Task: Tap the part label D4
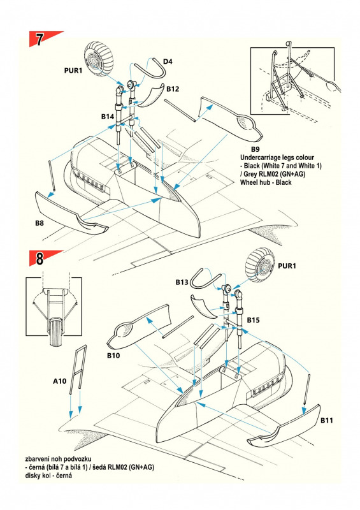(x=168, y=61)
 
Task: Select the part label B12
(x=173, y=89)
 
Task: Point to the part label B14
(x=108, y=117)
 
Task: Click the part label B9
(x=256, y=149)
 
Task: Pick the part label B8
(x=40, y=223)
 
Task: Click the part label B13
(x=182, y=282)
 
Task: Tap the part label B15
(x=254, y=320)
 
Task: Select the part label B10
(x=113, y=356)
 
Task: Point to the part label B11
(x=327, y=420)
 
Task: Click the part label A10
(x=60, y=381)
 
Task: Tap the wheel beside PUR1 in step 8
(x=260, y=265)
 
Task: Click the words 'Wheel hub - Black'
(x=266, y=182)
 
